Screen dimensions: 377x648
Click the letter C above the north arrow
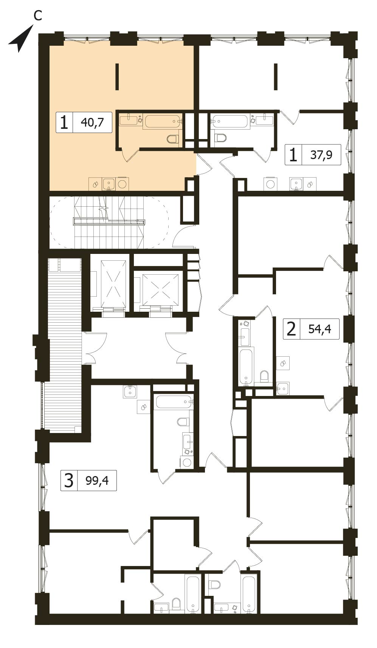(37, 15)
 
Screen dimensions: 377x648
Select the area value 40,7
(92, 122)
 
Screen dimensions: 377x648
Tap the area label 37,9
(321, 155)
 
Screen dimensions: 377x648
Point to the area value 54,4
(320, 329)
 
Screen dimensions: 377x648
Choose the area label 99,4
(97, 480)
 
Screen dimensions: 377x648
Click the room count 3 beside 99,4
(69, 481)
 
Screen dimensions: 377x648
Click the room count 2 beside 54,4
(291, 329)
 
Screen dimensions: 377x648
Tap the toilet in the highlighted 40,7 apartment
(172, 139)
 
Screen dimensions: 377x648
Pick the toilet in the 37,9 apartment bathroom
(220, 138)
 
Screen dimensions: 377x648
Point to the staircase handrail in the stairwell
(109, 222)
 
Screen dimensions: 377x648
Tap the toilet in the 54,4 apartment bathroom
(265, 376)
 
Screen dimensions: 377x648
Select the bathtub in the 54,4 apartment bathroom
(246, 367)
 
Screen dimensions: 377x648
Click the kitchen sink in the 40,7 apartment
(109, 184)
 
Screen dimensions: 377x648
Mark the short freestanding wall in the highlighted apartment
(117, 77)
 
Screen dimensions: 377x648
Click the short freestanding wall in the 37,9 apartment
(276, 77)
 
